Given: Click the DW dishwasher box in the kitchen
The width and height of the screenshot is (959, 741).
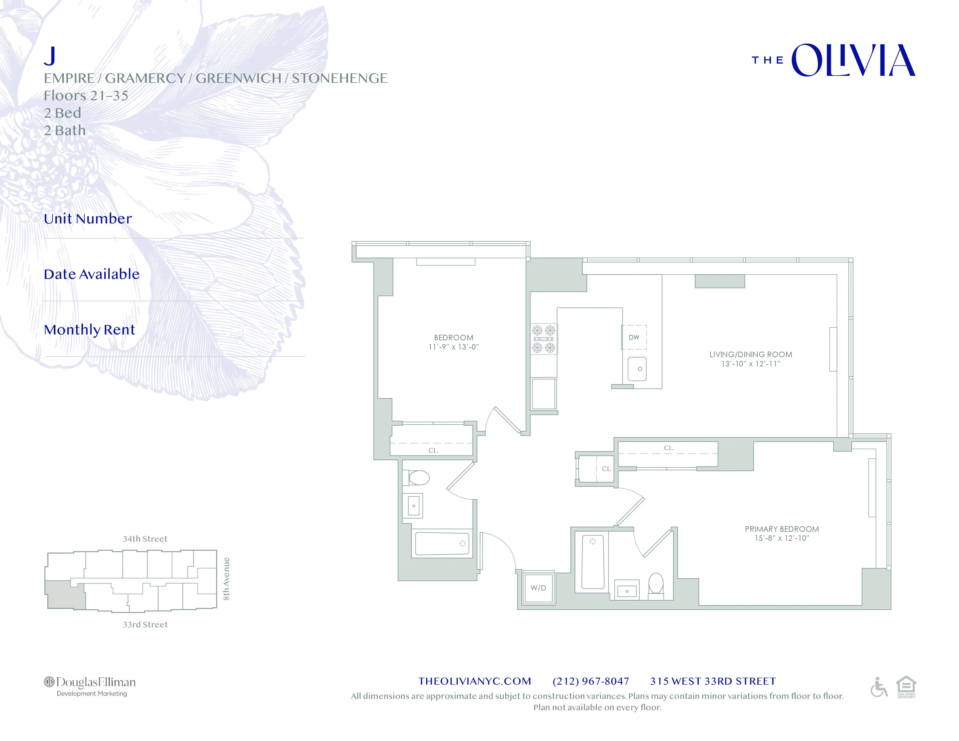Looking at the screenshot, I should coord(634,337).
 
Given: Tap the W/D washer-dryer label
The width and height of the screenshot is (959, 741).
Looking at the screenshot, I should coord(538,588).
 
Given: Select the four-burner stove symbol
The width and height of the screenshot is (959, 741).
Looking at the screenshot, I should coord(544,339).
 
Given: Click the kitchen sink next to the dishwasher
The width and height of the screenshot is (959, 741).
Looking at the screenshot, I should coord(637,369).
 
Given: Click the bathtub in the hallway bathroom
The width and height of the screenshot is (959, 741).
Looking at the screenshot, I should coord(442,543).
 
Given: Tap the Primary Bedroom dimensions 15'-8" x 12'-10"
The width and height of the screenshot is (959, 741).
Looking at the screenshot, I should coord(782,538).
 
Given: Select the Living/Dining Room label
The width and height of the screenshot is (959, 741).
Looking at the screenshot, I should coord(750,354).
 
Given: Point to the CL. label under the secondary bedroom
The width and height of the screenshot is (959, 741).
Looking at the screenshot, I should coord(433,450).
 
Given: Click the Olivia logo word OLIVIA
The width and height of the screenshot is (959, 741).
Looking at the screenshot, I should coord(853,60).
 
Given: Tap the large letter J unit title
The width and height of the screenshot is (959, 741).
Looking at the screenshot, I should coord(50,56).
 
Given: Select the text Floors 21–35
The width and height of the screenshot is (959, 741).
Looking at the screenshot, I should coord(86,95).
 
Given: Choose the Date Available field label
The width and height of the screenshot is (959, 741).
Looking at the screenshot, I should coord(92,274).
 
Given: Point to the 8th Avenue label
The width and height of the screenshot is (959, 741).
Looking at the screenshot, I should coord(226,579).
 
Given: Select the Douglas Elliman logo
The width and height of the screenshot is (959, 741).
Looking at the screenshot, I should coord(90,685).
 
